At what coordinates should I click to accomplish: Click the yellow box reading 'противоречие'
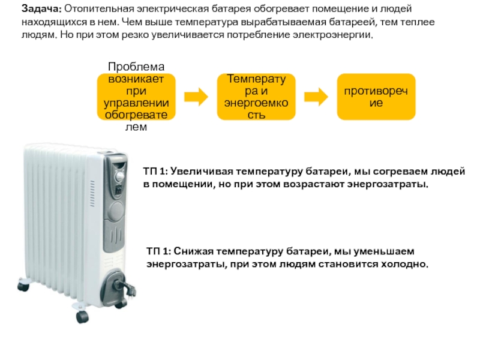(376, 96)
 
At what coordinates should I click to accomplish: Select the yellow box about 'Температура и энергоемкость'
(256, 96)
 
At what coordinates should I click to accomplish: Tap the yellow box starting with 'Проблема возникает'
(136, 96)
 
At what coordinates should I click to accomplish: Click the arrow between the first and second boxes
(196, 96)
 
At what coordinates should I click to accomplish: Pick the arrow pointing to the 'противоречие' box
(316, 96)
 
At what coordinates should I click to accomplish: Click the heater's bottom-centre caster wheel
(82, 316)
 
